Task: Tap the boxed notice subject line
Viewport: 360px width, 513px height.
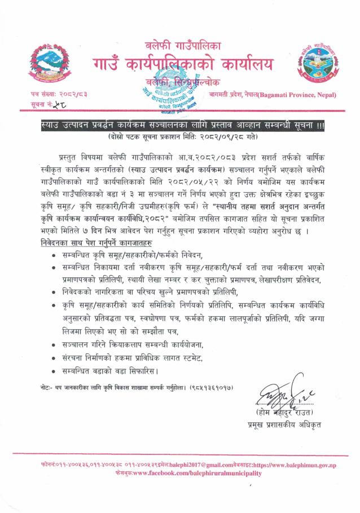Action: [x=179, y=125]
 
